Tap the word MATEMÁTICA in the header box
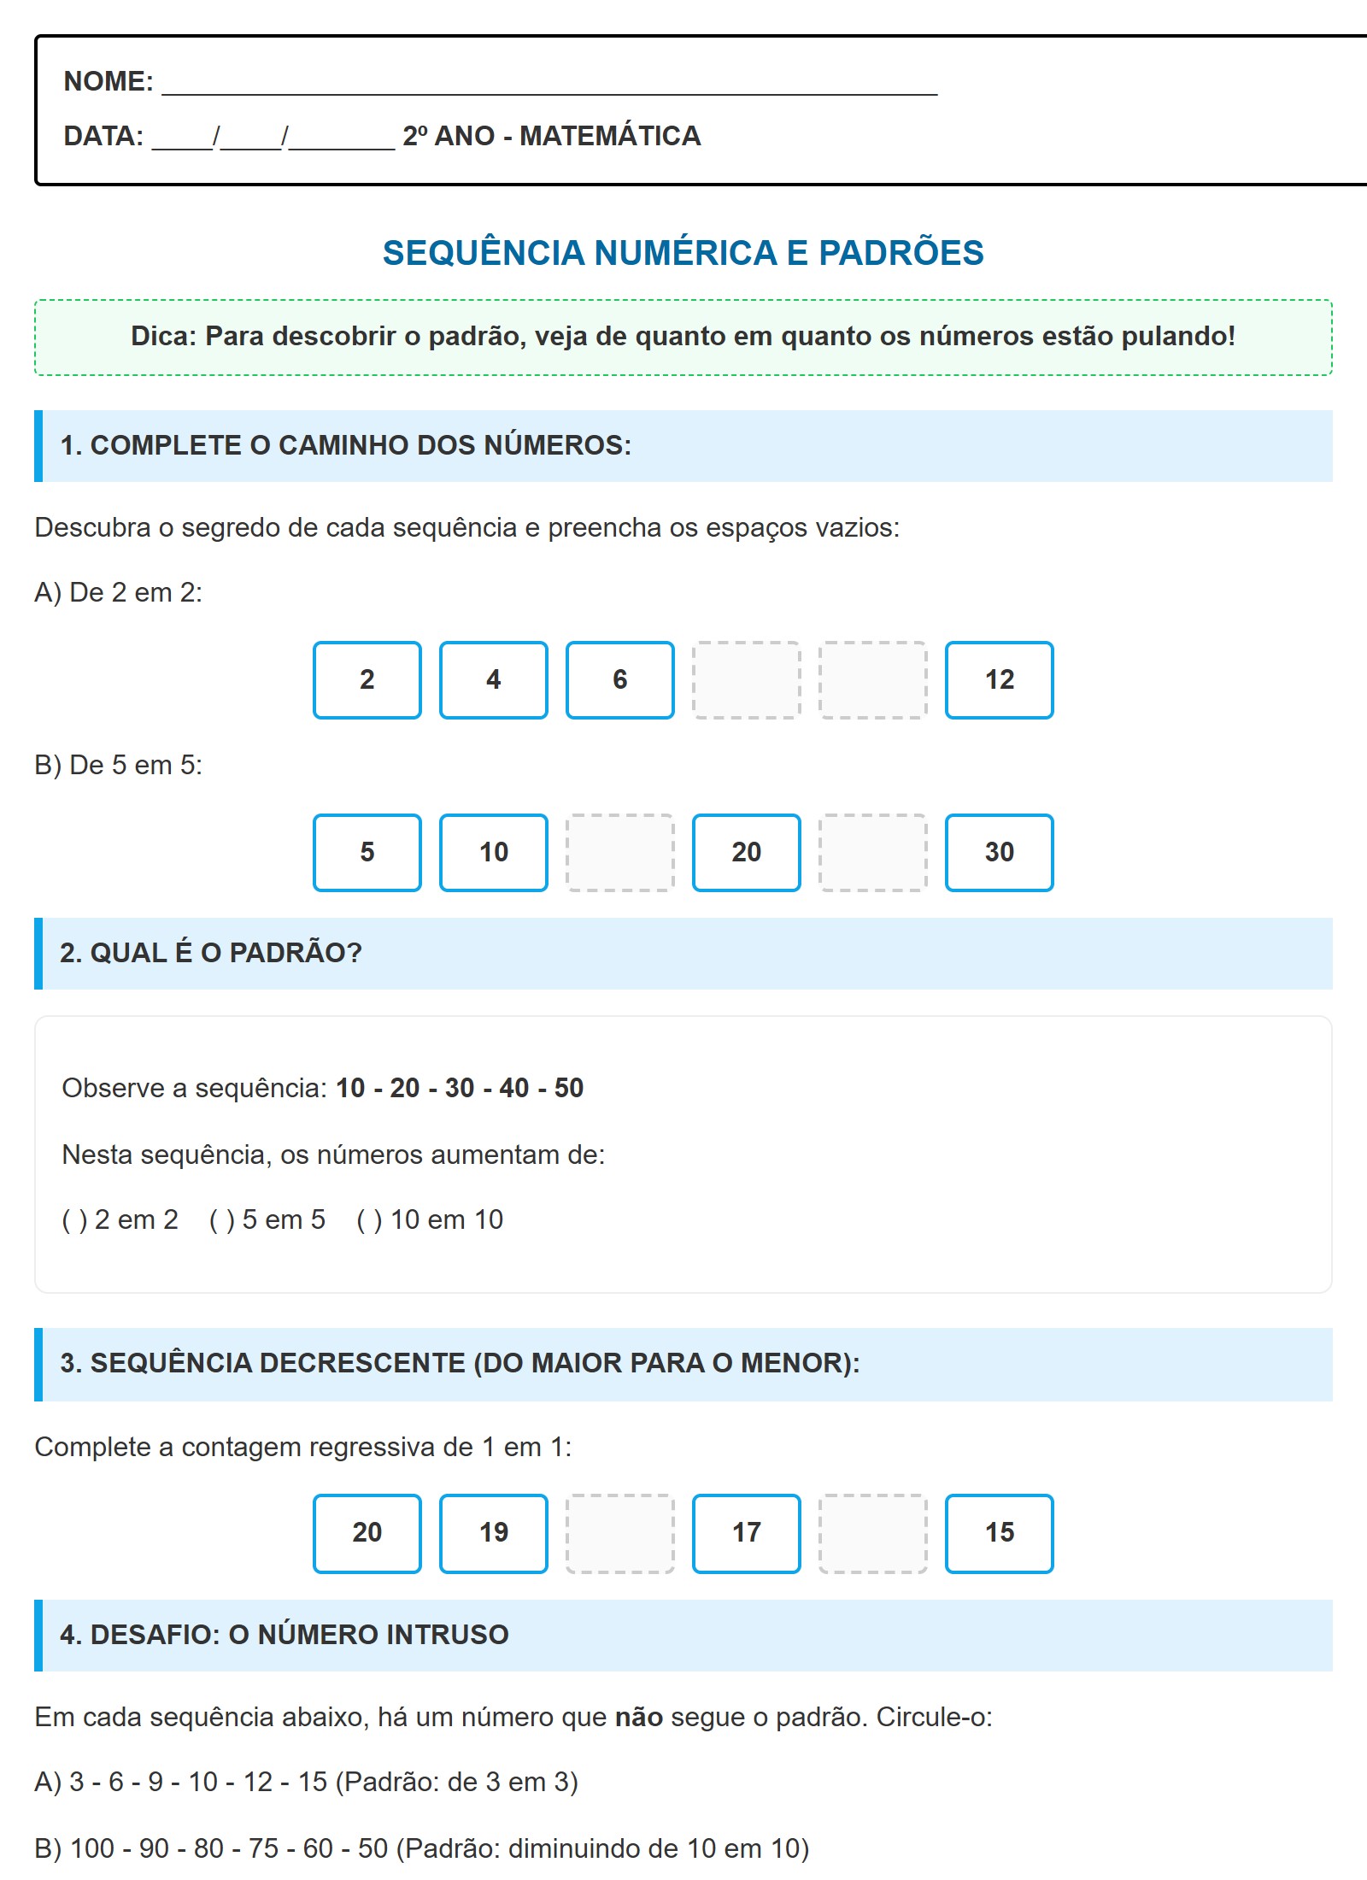point(610,136)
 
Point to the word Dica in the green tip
point(163,336)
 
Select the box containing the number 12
point(999,680)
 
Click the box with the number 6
point(619,680)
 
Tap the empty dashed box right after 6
point(746,680)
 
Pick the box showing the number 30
point(999,853)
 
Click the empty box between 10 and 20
point(619,853)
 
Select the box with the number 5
point(367,853)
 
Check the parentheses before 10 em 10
point(369,1220)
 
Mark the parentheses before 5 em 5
point(221,1220)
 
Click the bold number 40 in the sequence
point(513,1088)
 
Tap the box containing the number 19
point(493,1533)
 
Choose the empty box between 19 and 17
point(619,1533)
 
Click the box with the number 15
point(999,1533)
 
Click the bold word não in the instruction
point(639,1717)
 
